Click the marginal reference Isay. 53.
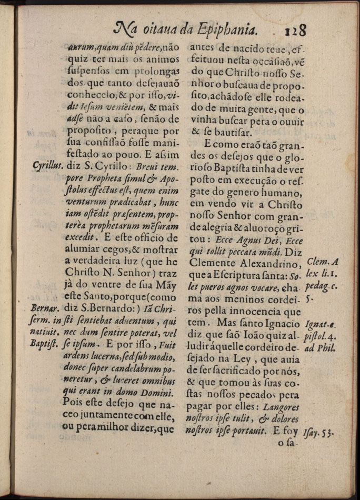[319, 432]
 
